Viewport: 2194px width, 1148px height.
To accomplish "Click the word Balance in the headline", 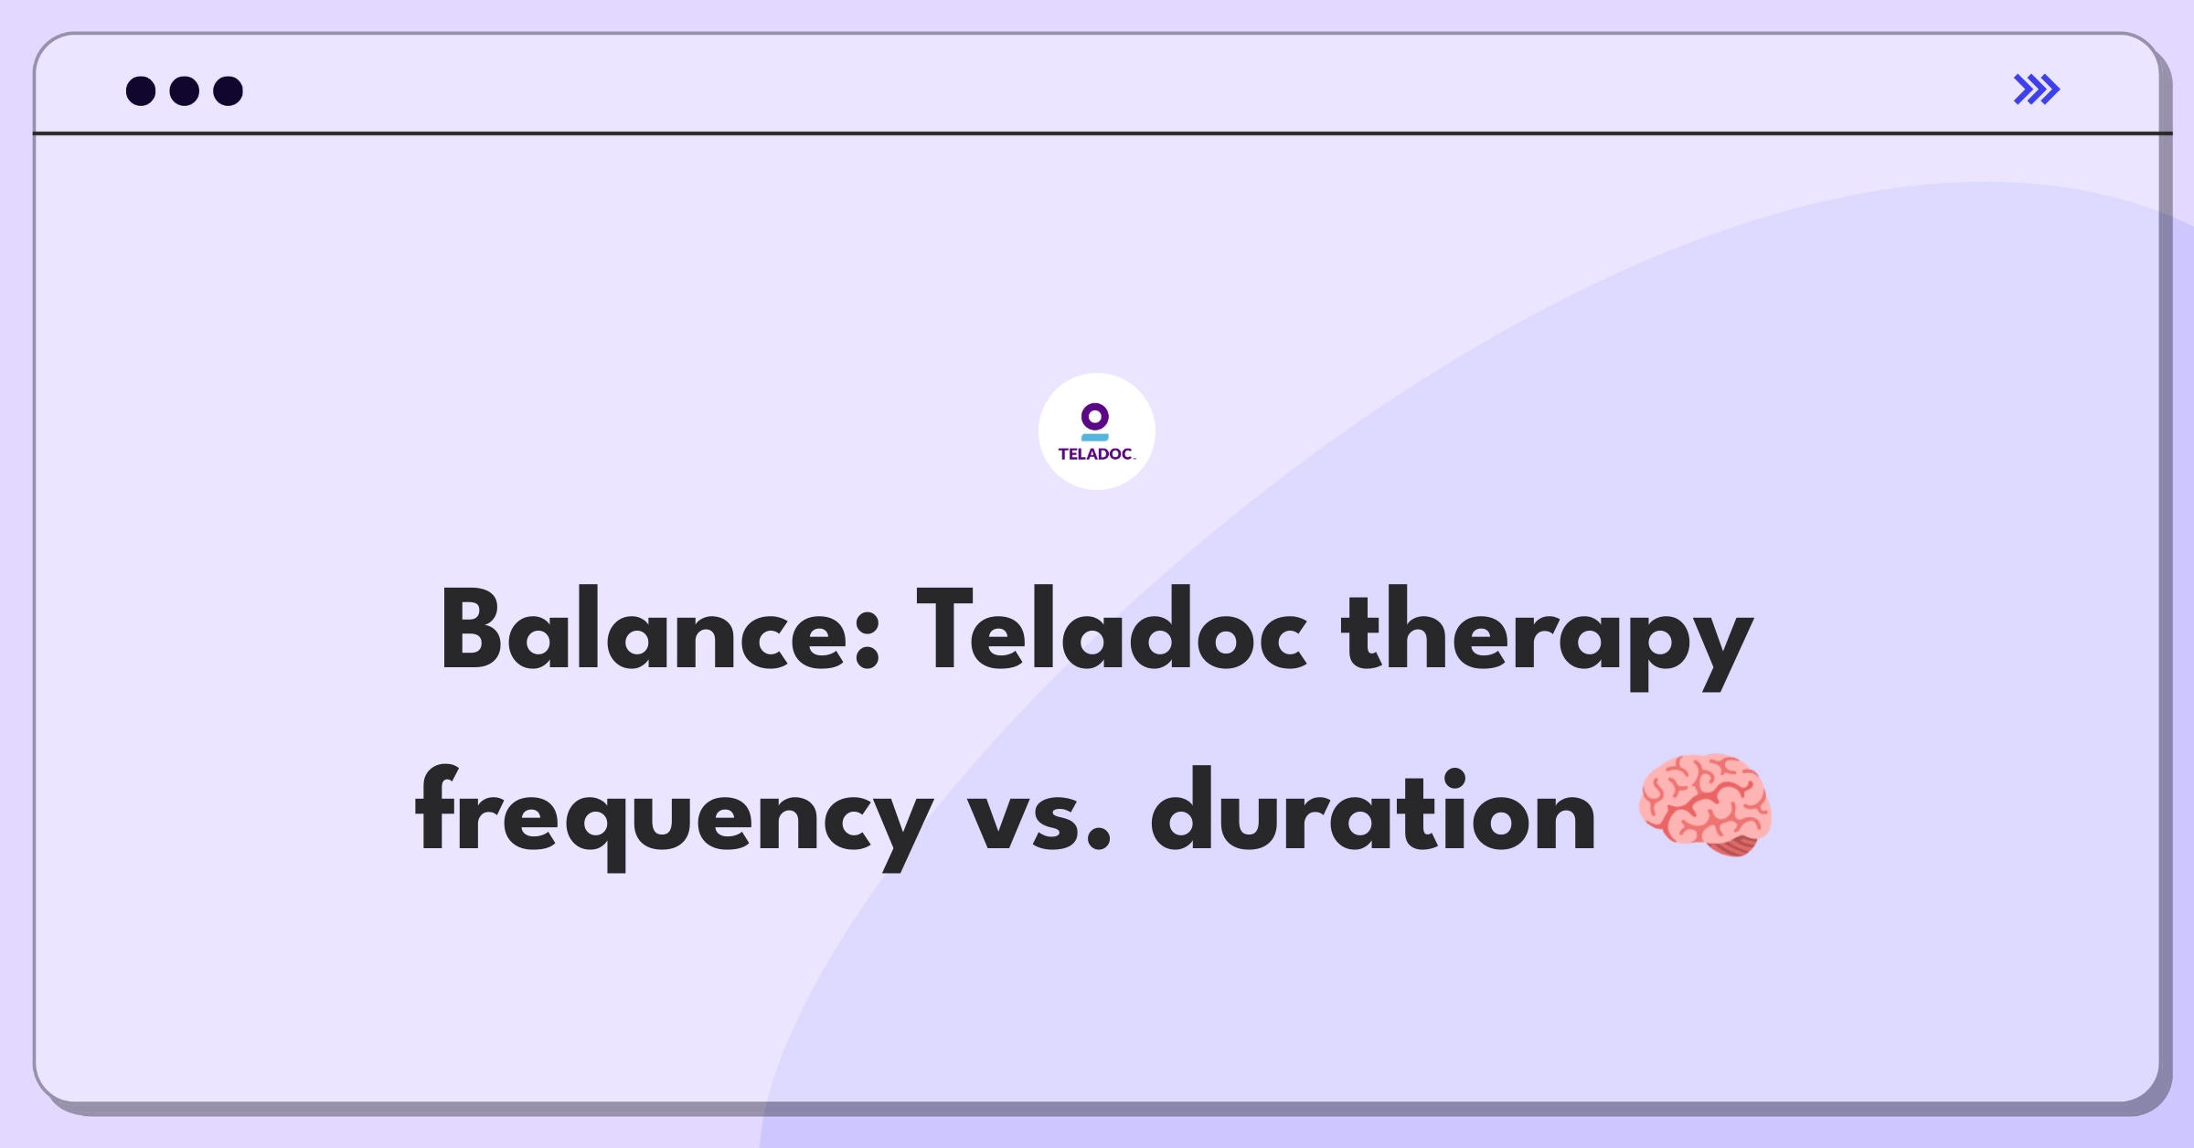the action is pos(659,630).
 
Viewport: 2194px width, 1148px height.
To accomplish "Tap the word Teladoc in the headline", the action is pos(1112,630).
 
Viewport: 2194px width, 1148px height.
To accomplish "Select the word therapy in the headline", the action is pos(1547,639).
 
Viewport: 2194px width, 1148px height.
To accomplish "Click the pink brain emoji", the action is pos(1705,805).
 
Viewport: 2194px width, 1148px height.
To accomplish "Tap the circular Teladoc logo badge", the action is pos(1097,431).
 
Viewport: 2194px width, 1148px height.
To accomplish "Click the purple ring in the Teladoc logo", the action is pos(1095,418).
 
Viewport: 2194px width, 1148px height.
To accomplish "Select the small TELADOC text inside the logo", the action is pos(1097,454).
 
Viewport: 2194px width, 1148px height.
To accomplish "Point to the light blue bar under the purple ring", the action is pos(1095,438).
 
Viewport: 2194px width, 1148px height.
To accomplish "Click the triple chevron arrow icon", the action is pos(2037,90).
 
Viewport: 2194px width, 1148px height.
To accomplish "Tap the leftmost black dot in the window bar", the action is pos(141,91).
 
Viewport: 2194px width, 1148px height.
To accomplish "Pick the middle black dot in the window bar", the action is pos(185,91).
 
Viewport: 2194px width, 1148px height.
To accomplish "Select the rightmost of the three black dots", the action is pos(229,91).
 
